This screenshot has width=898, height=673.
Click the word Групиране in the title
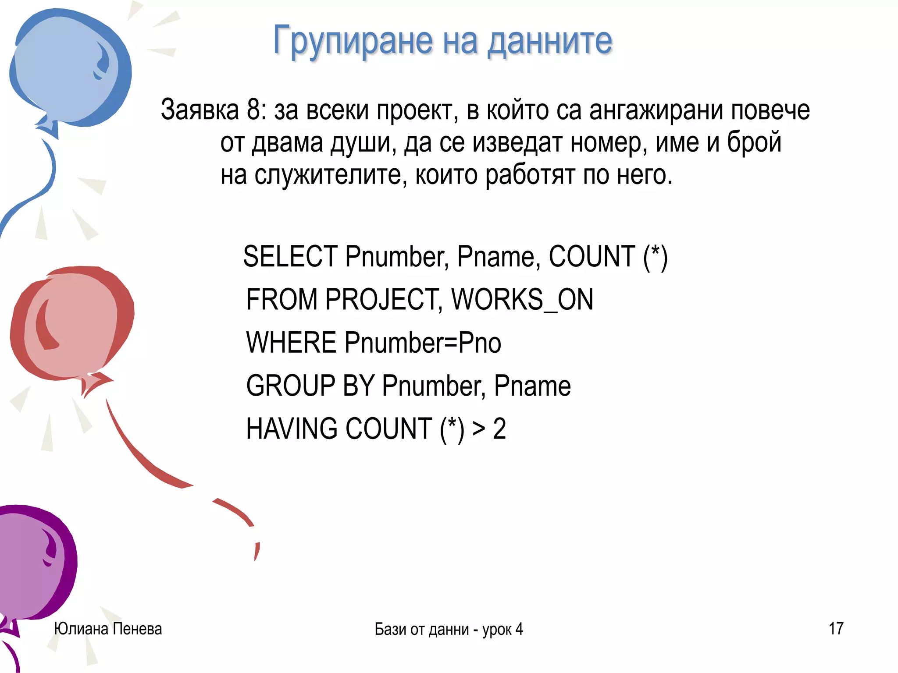(353, 41)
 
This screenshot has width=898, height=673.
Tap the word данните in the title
(550, 41)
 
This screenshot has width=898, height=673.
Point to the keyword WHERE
(291, 343)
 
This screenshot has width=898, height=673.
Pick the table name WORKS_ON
(522, 300)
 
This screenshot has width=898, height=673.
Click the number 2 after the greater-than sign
(499, 429)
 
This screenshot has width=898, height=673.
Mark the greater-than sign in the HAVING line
(479, 429)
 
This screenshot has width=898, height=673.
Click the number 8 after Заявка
(255, 110)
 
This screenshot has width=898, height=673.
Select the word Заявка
(200, 110)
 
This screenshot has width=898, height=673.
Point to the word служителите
(331, 175)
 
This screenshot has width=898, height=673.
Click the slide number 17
(836, 629)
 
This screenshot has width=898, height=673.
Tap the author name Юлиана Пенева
(108, 629)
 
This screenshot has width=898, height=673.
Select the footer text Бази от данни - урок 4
(449, 629)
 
